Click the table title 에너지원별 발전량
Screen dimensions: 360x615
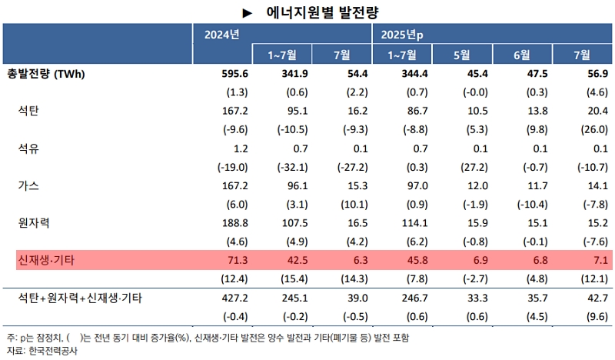click(322, 12)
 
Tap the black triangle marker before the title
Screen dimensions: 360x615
click(248, 12)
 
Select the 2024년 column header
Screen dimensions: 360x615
click(222, 35)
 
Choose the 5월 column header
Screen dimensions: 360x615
click(462, 55)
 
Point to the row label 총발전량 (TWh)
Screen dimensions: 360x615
click(45, 74)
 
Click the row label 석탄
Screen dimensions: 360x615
click(28, 111)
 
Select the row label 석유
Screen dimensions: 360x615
click(28, 148)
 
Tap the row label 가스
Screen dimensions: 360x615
click(28, 185)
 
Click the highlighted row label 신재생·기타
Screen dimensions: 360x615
click(47, 260)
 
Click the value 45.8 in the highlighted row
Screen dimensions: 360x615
click(402, 260)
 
